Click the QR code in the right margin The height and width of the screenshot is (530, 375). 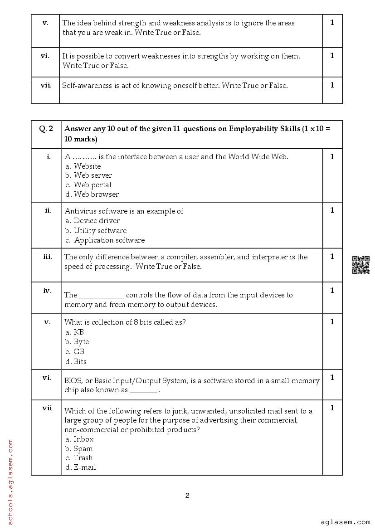(x=360, y=265)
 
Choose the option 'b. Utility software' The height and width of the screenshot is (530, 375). (x=95, y=231)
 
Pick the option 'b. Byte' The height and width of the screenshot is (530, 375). (x=77, y=342)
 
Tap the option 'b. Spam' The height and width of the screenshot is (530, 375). (x=78, y=449)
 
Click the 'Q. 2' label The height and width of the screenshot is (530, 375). (x=46, y=129)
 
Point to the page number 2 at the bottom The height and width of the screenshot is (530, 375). (x=187, y=496)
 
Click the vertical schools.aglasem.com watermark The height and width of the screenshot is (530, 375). (x=10, y=481)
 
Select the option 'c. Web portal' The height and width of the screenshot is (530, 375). (x=88, y=185)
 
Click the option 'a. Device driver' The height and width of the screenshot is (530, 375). (x=92, y=221)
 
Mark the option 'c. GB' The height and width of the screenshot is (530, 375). (x=74, y=352)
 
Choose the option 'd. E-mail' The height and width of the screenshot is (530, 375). (x=80, y=467)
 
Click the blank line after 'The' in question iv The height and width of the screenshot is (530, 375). (x=102, y=296)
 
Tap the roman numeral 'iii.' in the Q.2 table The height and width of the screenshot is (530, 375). (x=47, y=257)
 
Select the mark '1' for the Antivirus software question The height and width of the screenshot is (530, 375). (x=332, y=210)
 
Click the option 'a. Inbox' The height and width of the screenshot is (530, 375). (x=79, y=439)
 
